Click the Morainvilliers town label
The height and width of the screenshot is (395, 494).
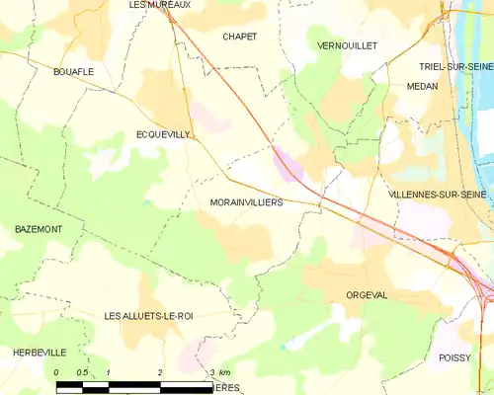247,201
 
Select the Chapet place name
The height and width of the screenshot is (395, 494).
240,37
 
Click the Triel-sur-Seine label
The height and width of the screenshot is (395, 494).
455,65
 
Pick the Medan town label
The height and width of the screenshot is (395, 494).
421,86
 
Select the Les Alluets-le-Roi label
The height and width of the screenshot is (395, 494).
147,315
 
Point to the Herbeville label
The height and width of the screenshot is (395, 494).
40,353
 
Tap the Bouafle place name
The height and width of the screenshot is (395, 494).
73,71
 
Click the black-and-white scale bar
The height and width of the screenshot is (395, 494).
133,384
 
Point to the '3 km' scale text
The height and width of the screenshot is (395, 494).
220,372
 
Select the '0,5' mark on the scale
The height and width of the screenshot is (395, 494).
83,372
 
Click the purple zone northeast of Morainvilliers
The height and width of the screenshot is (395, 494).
288,164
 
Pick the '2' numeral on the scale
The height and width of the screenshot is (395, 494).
160,372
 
